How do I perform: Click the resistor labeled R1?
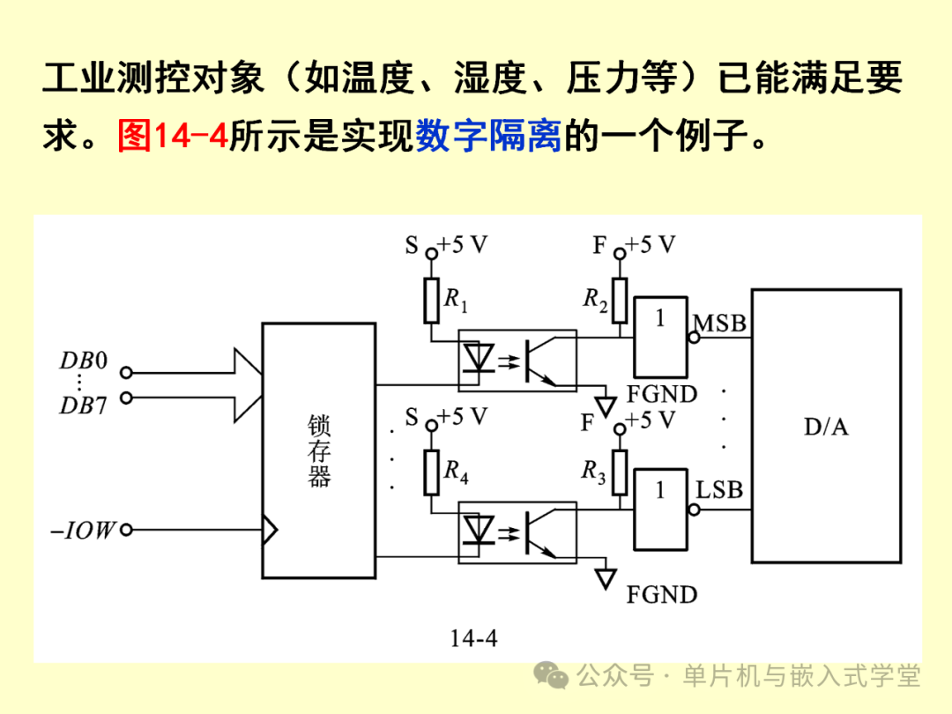431,301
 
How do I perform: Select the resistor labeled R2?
621,300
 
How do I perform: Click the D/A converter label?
826,428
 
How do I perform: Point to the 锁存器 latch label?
318,451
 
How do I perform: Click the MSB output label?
721,323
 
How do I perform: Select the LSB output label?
721,490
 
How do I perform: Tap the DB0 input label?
83,361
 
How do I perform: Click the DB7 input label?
83,405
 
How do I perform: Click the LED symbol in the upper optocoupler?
481,358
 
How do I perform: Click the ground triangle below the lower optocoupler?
606,577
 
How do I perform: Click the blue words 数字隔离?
488,138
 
